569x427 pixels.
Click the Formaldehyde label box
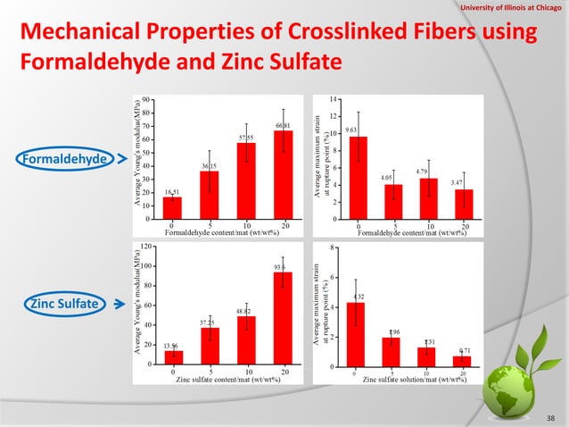click(61, 159)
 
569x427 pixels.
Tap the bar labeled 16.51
click(173, 207)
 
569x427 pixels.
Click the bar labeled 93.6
click(283, 317)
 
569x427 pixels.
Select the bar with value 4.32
click(355, 334)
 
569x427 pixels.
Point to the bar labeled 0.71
click(461, 361)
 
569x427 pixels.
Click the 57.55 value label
click(246, 138)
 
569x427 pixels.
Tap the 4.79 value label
click(424, 171)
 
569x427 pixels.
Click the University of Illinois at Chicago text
click(512, 8)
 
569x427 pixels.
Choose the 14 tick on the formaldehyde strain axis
click(334, 98)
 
